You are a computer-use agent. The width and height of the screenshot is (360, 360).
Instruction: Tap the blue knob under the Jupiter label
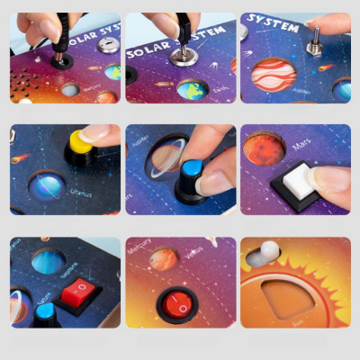click(190, 171)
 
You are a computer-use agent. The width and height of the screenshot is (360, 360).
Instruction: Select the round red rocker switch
click(176, 303)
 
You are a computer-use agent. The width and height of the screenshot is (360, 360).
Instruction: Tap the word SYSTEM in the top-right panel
click(273, 26)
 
